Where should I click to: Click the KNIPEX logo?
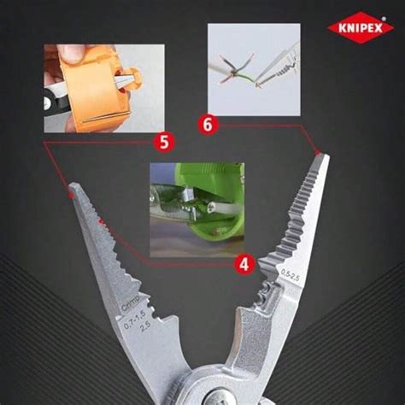click(x=360, y=27)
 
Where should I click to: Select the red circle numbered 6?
click(x=208, y=124)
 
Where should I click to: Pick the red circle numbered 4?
click(x=244, y=264)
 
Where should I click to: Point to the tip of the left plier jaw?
click(x=75, y=186)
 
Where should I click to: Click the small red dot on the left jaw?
click(x=101, y=224)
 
